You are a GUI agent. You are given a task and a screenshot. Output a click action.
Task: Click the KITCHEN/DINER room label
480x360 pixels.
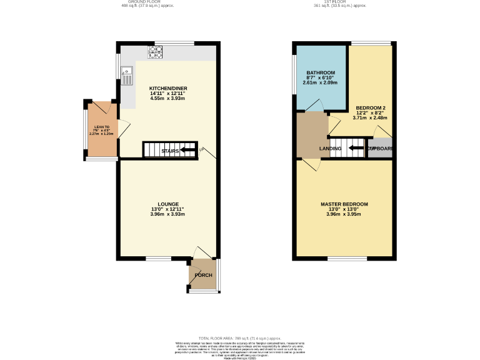tap(168, 89)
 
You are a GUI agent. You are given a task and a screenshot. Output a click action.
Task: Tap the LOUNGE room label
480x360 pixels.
tap(168, 204)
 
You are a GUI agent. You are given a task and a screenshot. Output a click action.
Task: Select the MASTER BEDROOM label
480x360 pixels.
tap(344, 204)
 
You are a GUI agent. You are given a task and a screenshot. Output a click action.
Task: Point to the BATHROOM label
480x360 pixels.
tap(320, 72)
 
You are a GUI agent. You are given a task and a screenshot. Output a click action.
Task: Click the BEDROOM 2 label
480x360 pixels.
tap(370, 107)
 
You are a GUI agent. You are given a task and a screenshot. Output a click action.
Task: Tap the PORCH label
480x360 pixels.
tap(203, 276)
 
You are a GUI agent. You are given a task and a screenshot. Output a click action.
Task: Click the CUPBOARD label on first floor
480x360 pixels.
tap(380, 149)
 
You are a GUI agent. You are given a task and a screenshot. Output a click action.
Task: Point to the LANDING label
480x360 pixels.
tap(330, 149)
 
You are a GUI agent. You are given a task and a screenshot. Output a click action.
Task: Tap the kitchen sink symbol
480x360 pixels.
tap(127, 76)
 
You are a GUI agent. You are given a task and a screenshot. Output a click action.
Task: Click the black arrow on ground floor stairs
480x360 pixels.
tap(187, 151)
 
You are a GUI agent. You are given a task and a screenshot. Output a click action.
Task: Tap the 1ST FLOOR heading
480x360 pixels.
tap(339, 2)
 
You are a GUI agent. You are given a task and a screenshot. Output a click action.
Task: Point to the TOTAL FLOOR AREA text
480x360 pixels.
tap(239, 337)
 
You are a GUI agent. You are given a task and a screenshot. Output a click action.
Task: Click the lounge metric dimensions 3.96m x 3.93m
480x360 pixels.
tap(168, 214)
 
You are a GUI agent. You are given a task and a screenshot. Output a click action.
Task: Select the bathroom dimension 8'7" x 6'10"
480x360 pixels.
tap(320, 77)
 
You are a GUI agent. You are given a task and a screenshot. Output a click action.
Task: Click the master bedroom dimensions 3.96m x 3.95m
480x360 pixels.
tap(344, 214)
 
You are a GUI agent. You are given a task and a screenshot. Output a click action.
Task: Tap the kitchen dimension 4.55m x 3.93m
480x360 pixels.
tap(168, 99)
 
